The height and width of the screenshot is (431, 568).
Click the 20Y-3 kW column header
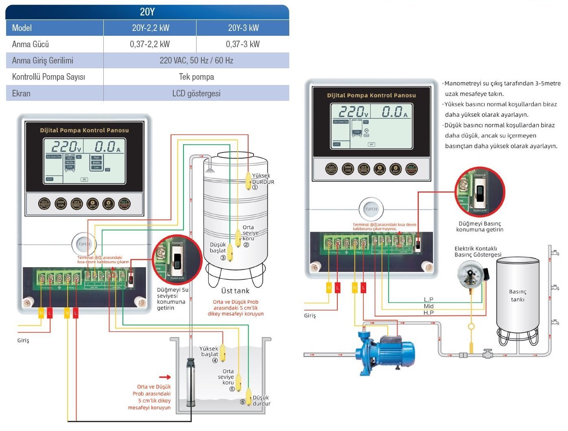coord(243,28)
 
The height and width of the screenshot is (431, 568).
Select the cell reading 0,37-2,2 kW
coord(150,44)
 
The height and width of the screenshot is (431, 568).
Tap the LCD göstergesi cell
coord(196,94)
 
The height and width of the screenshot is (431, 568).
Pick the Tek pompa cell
coord(196,77)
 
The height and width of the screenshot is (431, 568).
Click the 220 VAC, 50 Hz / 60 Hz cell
coord(196,61)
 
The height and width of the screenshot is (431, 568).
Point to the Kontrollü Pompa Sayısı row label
coord(48,77)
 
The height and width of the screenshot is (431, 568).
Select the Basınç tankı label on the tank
coord(518,296)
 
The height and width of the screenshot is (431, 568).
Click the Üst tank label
coord(235,291)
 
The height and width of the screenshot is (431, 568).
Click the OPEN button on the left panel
coord(84,244)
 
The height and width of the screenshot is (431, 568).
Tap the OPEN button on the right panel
coord(371,209)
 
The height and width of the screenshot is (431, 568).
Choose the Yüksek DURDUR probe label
coord(263,179)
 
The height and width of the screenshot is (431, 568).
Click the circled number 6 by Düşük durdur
coord(242,402)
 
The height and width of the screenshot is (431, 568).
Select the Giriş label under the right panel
coord(310,316)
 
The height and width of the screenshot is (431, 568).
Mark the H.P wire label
coord(428,313)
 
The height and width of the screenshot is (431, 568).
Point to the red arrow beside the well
coord(165,377)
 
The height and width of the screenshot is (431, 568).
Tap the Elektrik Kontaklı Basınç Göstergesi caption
coord(478,252)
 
